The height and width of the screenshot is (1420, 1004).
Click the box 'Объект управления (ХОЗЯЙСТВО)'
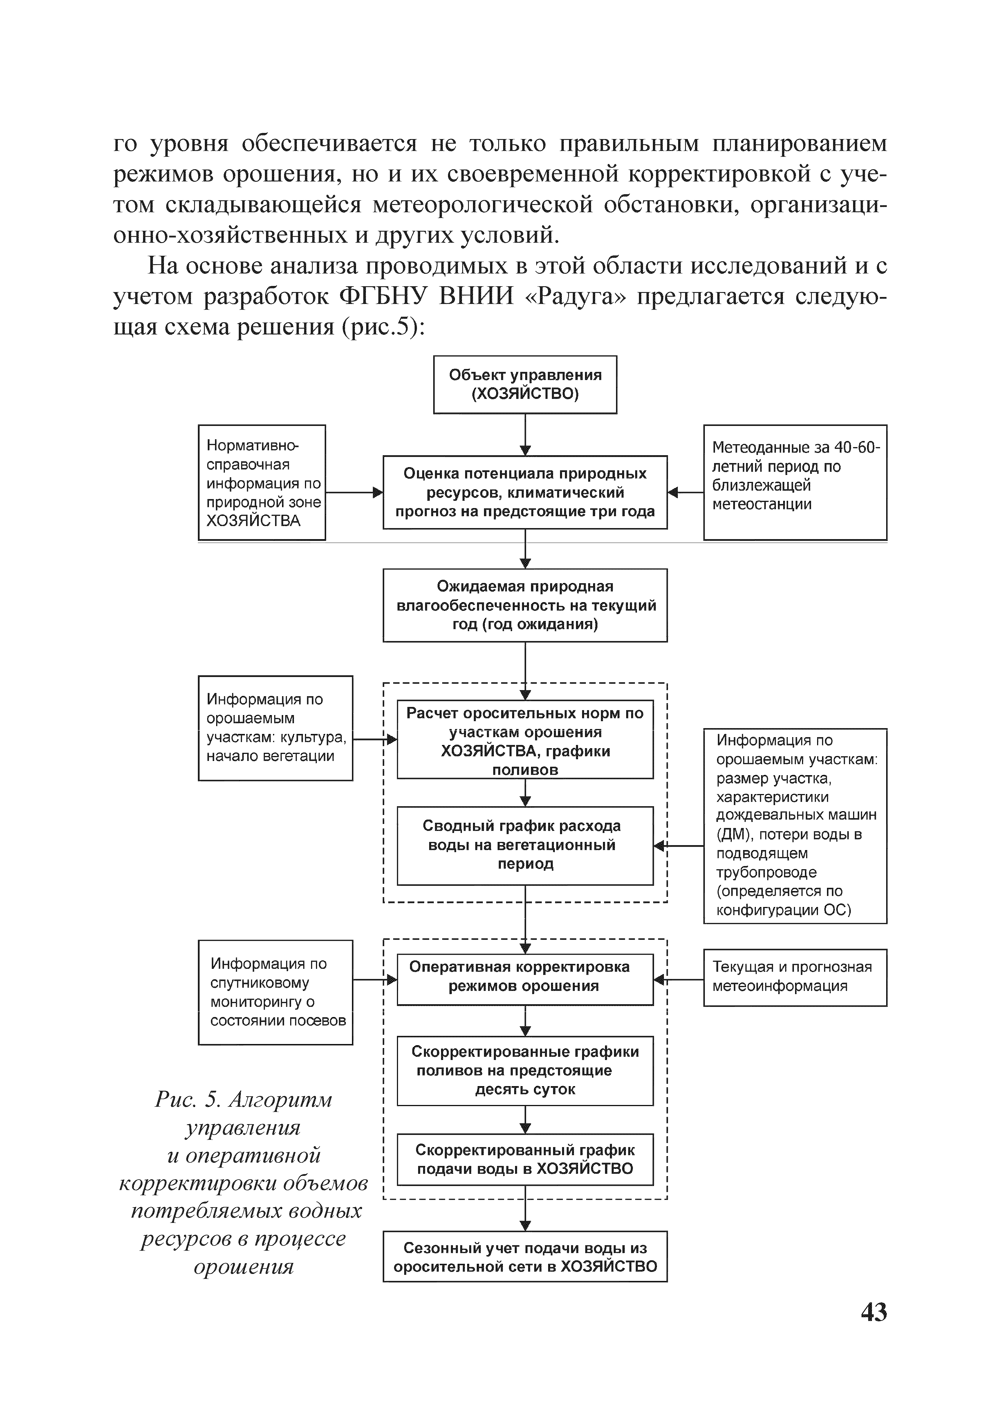525,385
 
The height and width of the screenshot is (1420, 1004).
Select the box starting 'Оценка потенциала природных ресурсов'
525,492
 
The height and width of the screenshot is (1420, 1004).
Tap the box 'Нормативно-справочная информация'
261,483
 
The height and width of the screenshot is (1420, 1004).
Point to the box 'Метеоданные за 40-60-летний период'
795,483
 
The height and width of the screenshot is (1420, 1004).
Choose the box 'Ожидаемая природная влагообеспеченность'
525,605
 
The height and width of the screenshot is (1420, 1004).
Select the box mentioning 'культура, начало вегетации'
275,728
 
